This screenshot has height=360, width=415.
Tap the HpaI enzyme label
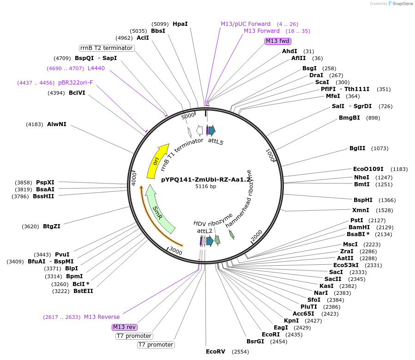point(180,24)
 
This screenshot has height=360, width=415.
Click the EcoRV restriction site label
point(216,351)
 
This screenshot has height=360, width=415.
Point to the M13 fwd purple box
point(277,41)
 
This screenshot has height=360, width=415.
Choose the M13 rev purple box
point(124,327)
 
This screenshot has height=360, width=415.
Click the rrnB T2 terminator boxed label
point(107,48)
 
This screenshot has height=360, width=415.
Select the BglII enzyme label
point(357,148)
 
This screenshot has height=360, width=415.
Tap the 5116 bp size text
point(205,187)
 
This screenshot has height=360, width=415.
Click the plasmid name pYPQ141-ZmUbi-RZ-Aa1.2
point(209,179)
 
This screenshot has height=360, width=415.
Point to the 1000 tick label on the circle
point(270,155)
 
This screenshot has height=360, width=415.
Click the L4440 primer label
point(96,68)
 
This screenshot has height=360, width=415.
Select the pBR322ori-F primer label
point(75,83)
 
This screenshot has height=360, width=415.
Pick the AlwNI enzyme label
point(57,124)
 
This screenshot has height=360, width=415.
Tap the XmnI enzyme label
point(360,210)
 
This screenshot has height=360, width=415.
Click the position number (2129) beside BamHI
point(385,227)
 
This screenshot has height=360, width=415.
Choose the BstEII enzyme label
point(83,291)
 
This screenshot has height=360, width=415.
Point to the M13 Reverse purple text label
point(102,317)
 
